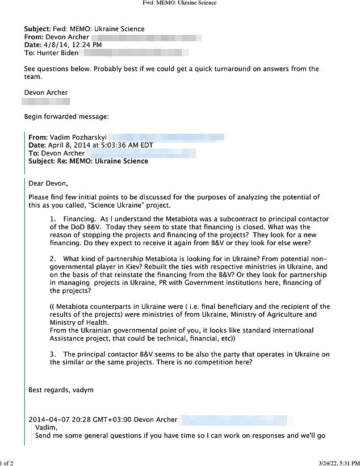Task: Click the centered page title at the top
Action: pyautogui.click(x=179, y=3)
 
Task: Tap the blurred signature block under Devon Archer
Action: pyautogui.click(x=45, y=102)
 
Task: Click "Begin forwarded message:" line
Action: pyautogui.click(x=66, y=116)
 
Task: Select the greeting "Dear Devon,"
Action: pyautogui.click(x=48, y=183)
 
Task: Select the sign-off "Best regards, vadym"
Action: pyautogui.click(x=61, y=390)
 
